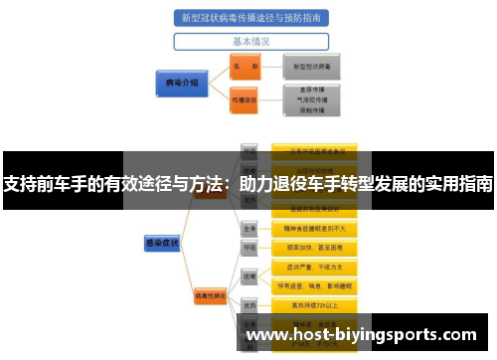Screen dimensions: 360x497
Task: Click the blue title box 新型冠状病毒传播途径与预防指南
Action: [x=250, y=19]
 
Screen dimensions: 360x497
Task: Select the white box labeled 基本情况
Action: [x=250, y=42]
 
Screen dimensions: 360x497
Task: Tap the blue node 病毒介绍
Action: [x=179, y=83]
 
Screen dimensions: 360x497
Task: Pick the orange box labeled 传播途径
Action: [x=244, y=100]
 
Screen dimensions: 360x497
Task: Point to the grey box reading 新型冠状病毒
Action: [x=311, y=66]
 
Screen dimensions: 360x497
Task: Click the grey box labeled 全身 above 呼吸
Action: [x=249, y=228]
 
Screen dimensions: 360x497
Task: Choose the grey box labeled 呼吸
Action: [x=249, y=247]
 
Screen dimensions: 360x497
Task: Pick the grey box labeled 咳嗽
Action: [x=249, y=275]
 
